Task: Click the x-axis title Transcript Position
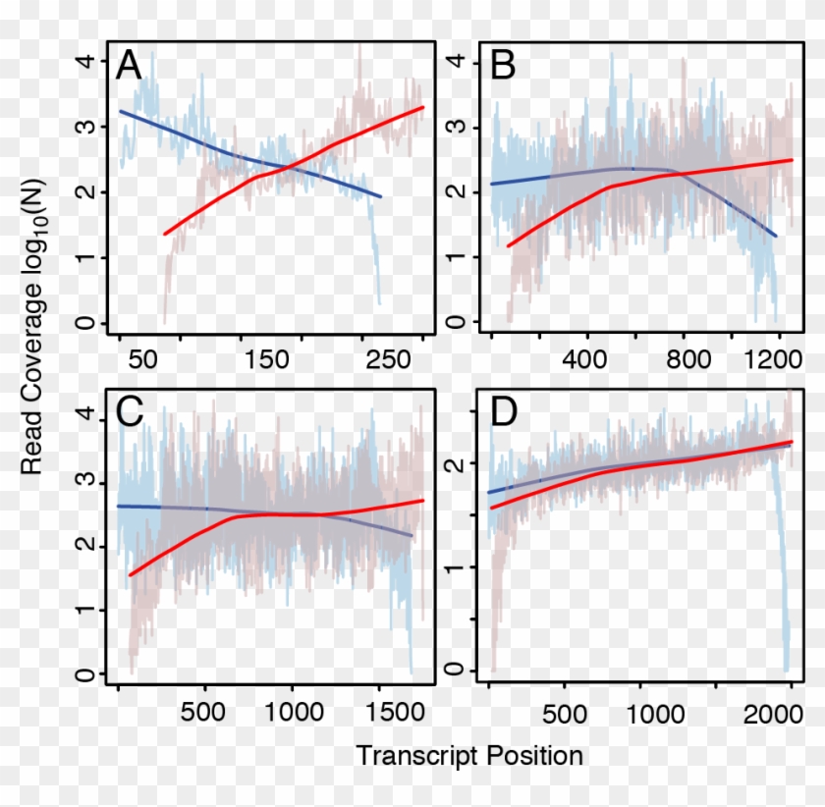469,756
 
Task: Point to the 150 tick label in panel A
268,360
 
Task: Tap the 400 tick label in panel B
585,360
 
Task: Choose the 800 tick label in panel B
685,360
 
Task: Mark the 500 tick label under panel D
564,710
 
